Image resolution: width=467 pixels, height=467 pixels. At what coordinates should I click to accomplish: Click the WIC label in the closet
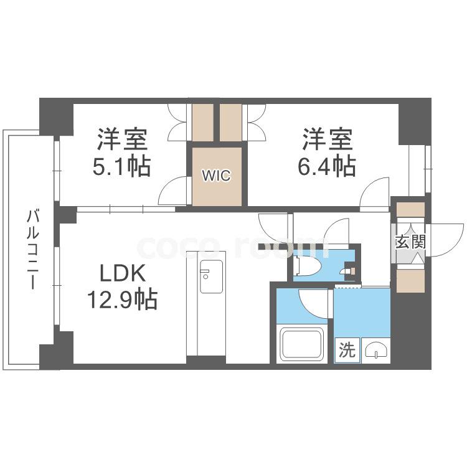point(216,176)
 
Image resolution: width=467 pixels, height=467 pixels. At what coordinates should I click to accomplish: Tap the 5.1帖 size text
point(122,166)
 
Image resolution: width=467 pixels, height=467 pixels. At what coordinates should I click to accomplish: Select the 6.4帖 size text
point(327,166)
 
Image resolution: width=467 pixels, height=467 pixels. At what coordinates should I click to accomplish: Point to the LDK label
point(123,273)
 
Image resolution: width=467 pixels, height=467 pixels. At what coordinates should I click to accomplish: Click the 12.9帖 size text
point(122,300)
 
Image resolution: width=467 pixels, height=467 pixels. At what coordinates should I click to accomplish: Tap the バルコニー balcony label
point(33,249)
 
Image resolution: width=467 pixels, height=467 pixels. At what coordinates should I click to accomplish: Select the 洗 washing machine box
point(347,350)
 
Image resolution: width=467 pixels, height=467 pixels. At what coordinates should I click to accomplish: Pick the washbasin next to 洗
point(376,351)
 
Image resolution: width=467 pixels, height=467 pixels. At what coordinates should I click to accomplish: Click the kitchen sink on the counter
point(212,276)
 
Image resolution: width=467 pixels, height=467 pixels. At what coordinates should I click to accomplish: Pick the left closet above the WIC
point(203,122)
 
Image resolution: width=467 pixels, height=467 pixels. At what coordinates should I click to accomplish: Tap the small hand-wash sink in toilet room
point(347,270)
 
